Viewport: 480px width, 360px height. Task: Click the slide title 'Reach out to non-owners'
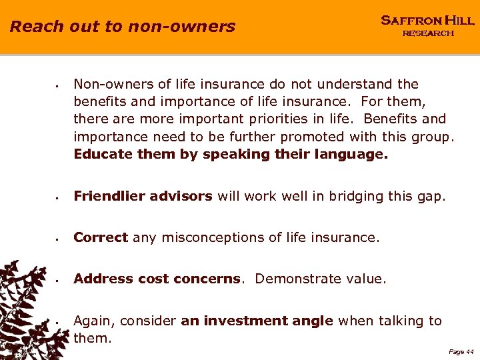[123, 27]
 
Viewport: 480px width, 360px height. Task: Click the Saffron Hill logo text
[427, 21]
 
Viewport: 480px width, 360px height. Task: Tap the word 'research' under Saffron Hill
[427, 33]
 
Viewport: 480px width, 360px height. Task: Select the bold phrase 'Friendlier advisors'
[143, 196]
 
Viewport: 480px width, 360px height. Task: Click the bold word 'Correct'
[101, 237]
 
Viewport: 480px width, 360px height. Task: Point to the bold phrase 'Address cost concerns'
[157, 279]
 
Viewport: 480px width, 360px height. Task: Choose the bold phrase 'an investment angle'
[257, 321]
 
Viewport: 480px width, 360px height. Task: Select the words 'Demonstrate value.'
[321, 279]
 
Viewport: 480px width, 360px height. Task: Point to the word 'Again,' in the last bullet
[92, 321]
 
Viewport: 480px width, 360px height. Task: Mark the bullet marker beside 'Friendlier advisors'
[59, 197]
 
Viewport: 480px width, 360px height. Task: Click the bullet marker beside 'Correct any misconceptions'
[59, 239]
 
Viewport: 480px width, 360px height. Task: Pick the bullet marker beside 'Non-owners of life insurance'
[59, 85]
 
